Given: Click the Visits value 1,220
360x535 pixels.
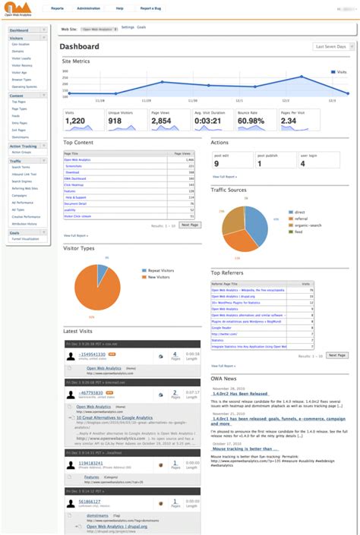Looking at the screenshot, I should (74, 121).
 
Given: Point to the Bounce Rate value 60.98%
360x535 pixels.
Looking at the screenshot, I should (251, 121).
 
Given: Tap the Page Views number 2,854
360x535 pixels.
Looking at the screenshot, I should (162, 121).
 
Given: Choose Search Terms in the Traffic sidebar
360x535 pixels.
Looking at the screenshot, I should (21, 167).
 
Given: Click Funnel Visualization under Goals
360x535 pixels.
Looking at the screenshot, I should (25, 239).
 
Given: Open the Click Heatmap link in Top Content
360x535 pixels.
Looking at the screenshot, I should (74, 184).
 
